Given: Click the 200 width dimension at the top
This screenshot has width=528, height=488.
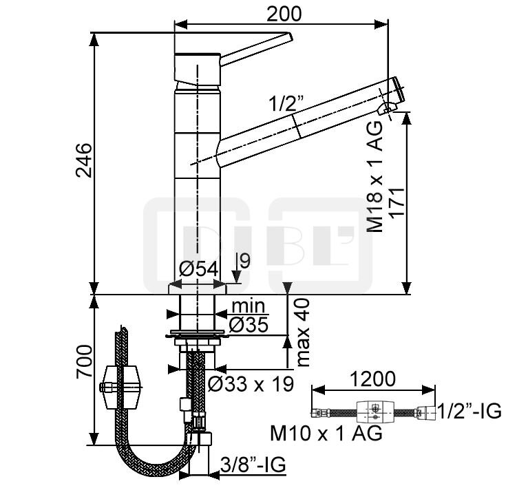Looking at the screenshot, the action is point(284,14).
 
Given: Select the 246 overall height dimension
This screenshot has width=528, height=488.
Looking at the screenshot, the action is point(83,160).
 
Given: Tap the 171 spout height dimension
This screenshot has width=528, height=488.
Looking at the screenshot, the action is point(397,204).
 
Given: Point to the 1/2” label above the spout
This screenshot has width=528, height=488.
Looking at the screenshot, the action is point(286,103).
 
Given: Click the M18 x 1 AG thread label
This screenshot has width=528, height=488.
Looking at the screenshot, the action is point(374,176).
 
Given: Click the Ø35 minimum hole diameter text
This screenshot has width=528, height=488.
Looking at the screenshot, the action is point(249,325).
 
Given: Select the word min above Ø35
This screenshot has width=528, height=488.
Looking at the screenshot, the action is point(249,306).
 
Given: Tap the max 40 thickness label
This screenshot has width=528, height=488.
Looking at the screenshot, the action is point(303,332).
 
